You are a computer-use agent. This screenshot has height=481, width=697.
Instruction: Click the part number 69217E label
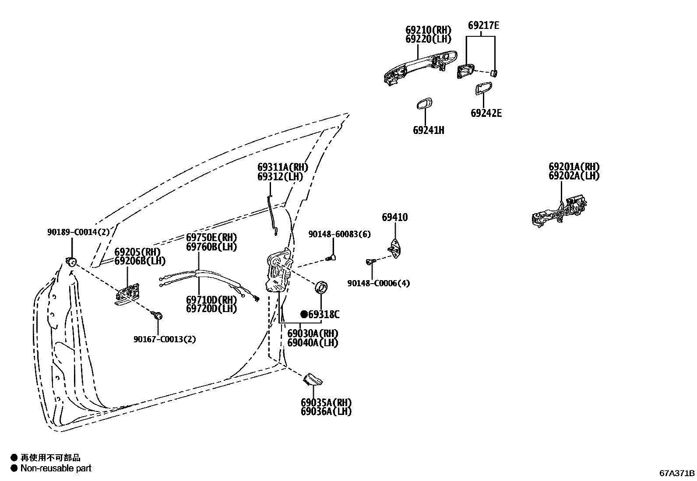483,25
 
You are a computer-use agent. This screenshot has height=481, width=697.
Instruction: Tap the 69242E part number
486,113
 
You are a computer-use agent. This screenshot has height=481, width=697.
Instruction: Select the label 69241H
428,130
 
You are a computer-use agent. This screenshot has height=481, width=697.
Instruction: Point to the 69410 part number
394,218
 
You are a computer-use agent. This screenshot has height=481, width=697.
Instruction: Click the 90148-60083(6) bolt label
339,234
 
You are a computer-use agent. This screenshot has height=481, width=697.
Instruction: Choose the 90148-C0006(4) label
379,283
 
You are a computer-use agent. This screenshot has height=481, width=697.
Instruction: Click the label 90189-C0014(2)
78,232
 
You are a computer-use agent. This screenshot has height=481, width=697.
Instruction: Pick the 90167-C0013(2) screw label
165,339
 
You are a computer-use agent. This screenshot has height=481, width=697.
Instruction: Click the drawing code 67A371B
677,473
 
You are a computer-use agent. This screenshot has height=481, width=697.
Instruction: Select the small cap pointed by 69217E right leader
494,72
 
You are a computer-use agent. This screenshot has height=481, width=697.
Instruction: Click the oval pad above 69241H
424,104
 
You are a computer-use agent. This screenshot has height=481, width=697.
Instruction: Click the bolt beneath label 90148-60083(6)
331,258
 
